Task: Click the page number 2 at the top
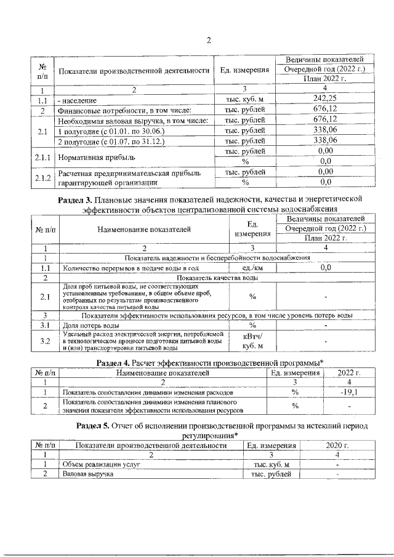[x=208, y=41]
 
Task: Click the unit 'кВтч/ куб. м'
[x=252, y=340]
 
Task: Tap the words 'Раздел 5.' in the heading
[x=92, y=425]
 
